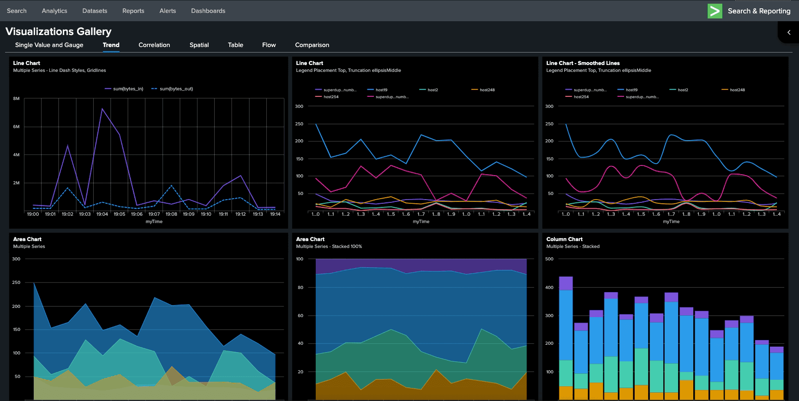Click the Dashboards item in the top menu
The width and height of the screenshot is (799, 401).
coord(208,11)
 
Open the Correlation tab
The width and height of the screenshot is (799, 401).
coord(154,45)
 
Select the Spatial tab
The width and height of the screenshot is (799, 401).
coord(199,45)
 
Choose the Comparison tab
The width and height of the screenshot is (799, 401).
coord(312,45)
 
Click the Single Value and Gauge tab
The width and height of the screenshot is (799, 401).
coord(49,45)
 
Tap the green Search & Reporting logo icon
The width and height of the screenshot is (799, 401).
coord(715,11)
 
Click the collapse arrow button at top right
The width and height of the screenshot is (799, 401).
coord(789,32)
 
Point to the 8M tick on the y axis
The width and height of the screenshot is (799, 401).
coord(16,99)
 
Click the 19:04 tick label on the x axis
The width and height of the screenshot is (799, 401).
coord(102,214)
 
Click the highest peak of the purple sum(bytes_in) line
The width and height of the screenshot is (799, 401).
coord(102,109)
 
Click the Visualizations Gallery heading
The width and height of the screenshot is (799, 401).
coord(59,31)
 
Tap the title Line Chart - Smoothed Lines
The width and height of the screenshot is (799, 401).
coord(583,63)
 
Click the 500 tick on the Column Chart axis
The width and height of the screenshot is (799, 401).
coord(549,259)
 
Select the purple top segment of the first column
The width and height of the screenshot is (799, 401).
coord(565,283)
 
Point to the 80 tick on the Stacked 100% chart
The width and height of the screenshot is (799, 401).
coord(300,287)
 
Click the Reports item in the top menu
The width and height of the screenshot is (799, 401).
coord(133,11)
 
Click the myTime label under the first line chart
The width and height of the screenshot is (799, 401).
coord(154,222)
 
